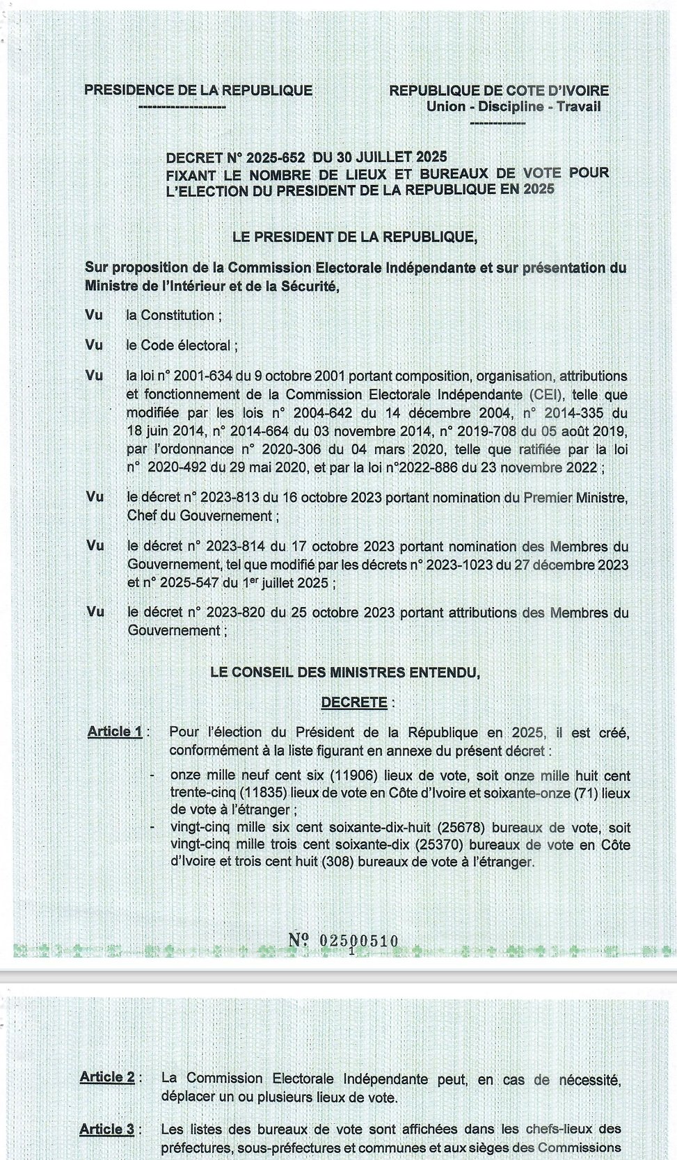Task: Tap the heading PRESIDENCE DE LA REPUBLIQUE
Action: coord(198,90)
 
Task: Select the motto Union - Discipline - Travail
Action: coord(513,106)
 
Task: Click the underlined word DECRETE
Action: coord(353,702)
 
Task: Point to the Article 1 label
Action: coord(116,732)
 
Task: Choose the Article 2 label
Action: coord(107,1077)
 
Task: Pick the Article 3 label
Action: coord(107,1129)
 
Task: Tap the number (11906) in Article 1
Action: coord(360,775)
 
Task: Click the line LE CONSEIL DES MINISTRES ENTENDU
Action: coord(345,672)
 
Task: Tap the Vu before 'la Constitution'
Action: coord(94,315)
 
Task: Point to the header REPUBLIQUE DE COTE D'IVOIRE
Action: coord(498,90)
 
